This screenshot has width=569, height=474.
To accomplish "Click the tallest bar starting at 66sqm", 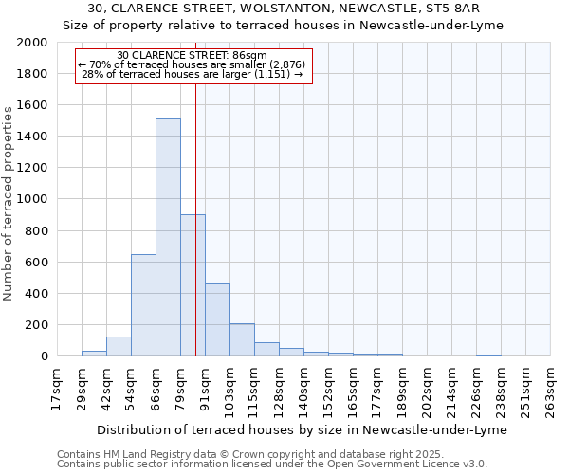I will click(168, 237).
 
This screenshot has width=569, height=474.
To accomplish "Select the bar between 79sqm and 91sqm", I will click(193, 284).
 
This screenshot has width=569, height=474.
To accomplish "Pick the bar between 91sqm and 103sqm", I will click(217, 319).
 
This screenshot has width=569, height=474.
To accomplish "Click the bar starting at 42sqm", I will click(119, 346).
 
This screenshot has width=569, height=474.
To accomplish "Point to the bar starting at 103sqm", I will click(242, 339).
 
